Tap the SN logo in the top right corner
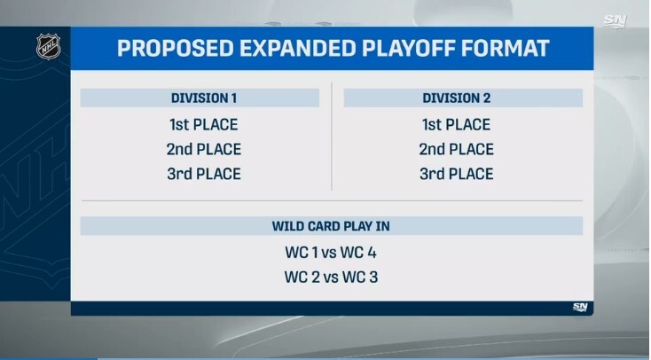616,19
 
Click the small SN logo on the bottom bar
579,307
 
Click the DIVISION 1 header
203,98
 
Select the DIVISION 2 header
456,98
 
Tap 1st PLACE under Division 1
203,124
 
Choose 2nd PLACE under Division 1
203,149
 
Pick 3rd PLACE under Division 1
203,174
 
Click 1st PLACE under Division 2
456,124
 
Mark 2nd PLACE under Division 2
456,149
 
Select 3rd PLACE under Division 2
456,174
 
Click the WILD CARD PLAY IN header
330,226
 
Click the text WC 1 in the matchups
300,252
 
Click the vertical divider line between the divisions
332,137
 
